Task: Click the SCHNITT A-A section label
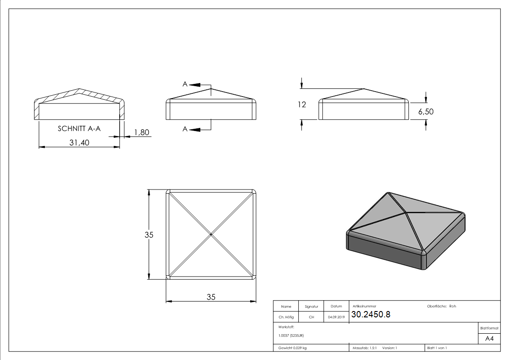pyautogui.click(x=79, y=129)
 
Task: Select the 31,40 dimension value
pyautogui.click(x=79, y=142)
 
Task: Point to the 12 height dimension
pyautogui.click(x=302, y=105)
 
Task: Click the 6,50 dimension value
pyautogui.click(x=426, y=112)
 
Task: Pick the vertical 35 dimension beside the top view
pyautogui.click(x=149, y=235)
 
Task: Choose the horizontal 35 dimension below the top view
pyautogui.click(x=211, y=297)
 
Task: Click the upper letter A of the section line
pyautogui.click(x=185, y=84)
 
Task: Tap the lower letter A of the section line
pyautogui.click(x=185, y=129)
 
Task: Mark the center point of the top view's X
pyautogui.click(x=211, y=234)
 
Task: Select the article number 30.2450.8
pyautogui.click(x=371, y=315)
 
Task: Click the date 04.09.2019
pyautogui.click(x=336, y=317)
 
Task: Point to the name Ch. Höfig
pyautogui.click(x=286, y=317)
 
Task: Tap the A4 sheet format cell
pyautogui.click(x=489, y=339)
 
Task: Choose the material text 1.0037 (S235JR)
pyautogui.click(x=291, y=336)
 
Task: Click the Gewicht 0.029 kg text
pyautogui.click(x=292, y=348)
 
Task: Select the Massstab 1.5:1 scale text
pyautogui.click(x=365, y=348)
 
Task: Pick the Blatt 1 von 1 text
pyautogui.click(x=437, y=348)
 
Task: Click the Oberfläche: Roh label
pyautogui.click(x=441, y=306)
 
